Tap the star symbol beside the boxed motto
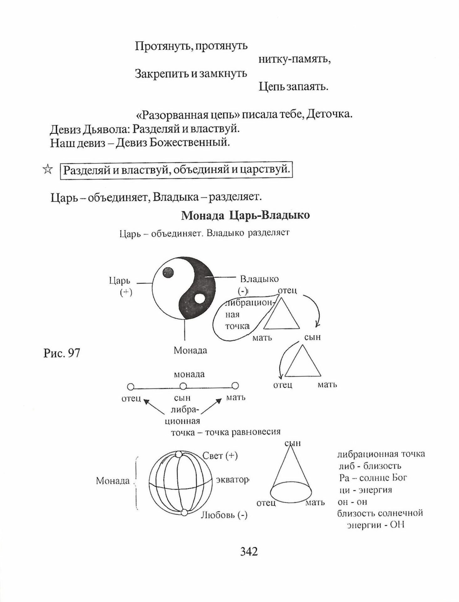coord(48,170)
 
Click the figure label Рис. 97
coord(62,353)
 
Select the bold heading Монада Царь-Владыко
coord(245,215)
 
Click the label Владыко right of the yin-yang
coord(259,279)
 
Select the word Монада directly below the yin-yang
coord(190,350)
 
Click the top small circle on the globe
coord(179,454)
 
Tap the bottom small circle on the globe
coord(184,512)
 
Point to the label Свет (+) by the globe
coord(220,456)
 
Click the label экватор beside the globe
coord(232,480)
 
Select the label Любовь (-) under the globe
coord(224,515)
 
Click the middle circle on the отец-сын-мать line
coord(183,386)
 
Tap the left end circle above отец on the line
coord(131,386)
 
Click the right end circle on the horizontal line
coord(235,385)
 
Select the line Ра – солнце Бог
coord(373,478)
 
